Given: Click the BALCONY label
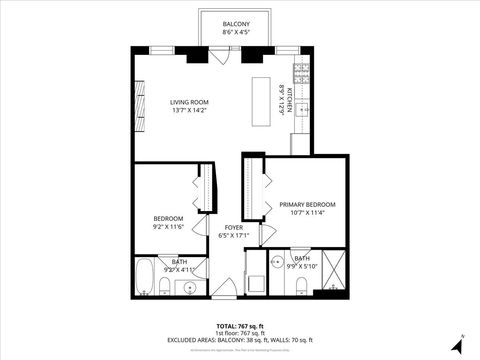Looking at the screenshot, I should point(236,23).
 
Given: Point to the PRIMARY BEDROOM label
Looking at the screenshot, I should point(307,204).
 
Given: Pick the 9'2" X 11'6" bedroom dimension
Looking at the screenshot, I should point(167,227).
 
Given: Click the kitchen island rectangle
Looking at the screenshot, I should point(264,97).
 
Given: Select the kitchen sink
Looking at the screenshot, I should point(299,104).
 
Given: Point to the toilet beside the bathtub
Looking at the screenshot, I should point(163,288).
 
